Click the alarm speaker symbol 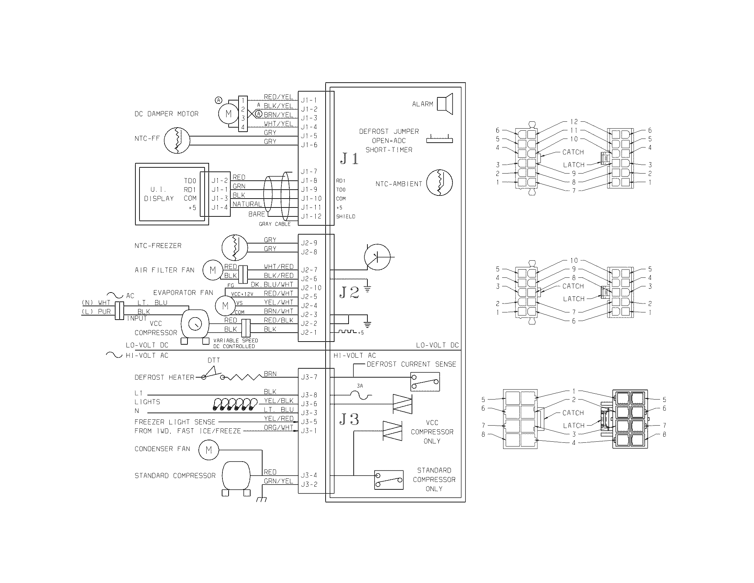445,104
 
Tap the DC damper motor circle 228,114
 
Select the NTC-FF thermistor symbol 177,140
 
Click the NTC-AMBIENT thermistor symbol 439,183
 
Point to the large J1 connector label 349,158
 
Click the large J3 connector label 349,419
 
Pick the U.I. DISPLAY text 159,194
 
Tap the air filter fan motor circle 213,270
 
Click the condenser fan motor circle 208,450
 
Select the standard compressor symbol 236,476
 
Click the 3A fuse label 360,386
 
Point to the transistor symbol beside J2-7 377,257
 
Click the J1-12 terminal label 311,216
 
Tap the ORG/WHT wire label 278,428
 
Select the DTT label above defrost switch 214,360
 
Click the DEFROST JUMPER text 389,131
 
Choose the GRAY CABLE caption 275,224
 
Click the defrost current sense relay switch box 425,382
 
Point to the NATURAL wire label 247,204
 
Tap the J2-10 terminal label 311,288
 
